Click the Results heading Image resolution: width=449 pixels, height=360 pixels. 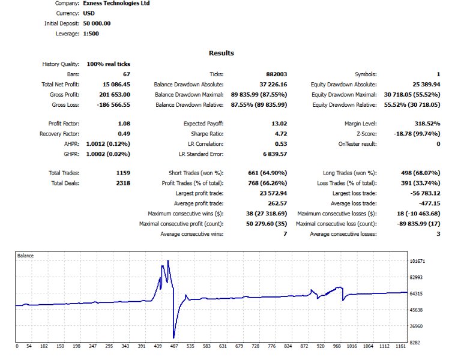pyautogui.click(x=221, y=53)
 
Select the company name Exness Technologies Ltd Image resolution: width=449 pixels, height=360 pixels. pyautogui.click(x=116, y=4)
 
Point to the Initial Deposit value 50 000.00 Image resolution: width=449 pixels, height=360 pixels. pyautogui.click(x=97, y=23)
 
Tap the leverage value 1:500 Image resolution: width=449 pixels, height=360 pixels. pyautogui.click(x=91, y=34)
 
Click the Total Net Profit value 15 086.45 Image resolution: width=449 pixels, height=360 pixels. pyautogui.click(x=116, y=85)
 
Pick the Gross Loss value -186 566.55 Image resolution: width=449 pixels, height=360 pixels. pyautogui.click(x=113, y=105)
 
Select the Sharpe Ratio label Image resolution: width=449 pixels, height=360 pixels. pyautogui.click(x=207, y=134)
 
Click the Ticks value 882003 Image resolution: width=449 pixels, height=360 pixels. pyautogui.click(x=276, y=74)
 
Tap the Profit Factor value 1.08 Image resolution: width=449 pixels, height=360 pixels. pyautogui.click(x=124, y=124)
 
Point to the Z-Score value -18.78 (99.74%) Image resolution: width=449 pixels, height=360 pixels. pyautogui.click(x=417, y=134)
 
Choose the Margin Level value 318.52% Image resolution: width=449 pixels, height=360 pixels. pyautogui.click(x=427, y=124)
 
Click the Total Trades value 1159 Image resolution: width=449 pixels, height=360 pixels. pyautogui.click(x=123, y=173)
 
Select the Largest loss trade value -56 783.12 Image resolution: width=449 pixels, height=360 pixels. pyautogui.click(x=425, y=193)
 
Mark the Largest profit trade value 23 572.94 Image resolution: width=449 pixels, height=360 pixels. pyautogui.click(x=273, y=193)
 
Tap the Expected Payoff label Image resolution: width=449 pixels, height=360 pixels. pyautogui.click(x=203, y=124)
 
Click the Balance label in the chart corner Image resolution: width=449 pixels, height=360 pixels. pyautogui.click(x=25, y=256)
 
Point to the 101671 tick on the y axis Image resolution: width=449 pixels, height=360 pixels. pyautogui.click(x=418, y=261)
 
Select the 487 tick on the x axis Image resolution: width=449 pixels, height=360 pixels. pyautogui.click(x=174, y=346)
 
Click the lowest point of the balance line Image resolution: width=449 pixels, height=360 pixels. pyautogui.click(x=173, y=338)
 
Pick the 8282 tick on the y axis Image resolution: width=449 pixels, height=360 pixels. pyautogui.click(x=415, y=342)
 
